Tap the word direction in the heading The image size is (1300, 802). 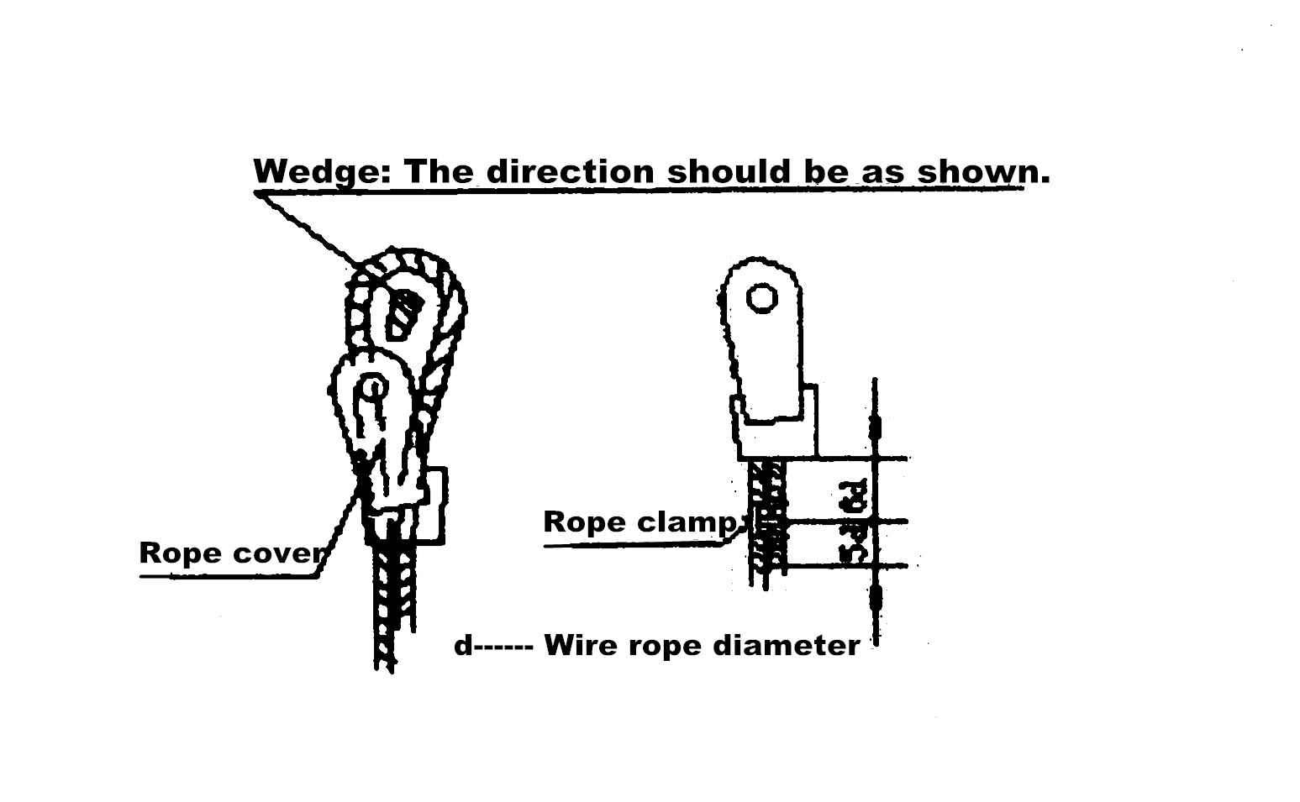[569, 171]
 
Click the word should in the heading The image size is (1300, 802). [728, 171]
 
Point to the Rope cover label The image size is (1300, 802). [230, 553]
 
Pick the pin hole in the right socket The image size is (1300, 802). [761, 297]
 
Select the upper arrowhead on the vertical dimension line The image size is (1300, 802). [875, 428]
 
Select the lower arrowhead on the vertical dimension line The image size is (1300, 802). [875, 599]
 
